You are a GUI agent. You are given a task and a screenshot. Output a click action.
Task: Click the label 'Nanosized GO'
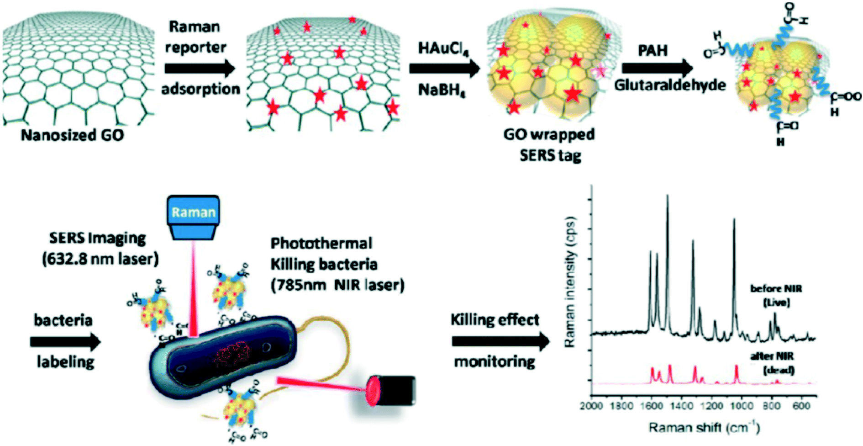pyautogui.click(x=72, y=135)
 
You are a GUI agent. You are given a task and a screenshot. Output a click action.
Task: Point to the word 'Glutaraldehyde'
pyautogui.click(x=670, y=85)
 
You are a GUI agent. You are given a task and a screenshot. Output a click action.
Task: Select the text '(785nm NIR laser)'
pyautogui.click(x=337, y=285)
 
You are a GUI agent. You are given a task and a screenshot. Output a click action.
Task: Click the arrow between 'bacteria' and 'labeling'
pyautogui.click(x=65, y=341)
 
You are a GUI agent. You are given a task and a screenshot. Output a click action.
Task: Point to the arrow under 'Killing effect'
pyautogui.click(x=500, y=341)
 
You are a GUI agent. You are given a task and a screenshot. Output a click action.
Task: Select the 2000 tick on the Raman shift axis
pyautogui.click(x=592, y=406)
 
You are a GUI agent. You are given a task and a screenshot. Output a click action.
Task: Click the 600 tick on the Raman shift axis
pyautogui.click(x=801, y=406)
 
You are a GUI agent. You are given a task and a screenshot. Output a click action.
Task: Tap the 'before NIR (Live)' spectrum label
pyautogui.click(x=776, y=295)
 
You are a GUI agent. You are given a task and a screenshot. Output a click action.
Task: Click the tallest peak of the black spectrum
pyautogui.click(x=668, y=196)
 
